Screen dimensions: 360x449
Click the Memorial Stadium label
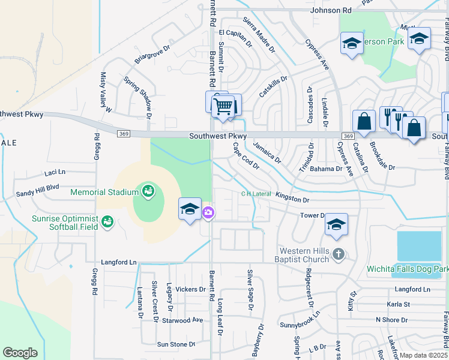point(104,193)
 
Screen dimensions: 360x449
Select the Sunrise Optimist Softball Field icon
point(107,223)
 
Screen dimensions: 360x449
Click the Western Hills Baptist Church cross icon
point(339,254)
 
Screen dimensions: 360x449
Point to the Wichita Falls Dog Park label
point(408,269)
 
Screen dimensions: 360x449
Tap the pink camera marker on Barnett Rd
point(208,212)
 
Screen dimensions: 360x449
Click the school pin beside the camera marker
point(190,209)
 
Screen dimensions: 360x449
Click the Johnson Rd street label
point(331,10)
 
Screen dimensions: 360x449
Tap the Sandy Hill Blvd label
point(38,188)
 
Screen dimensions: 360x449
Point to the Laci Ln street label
point(55,173)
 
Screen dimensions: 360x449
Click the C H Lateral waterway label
point(256,194)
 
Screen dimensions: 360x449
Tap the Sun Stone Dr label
point(176,344)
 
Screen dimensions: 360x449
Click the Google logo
point(20,353)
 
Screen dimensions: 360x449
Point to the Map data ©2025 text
point(423,355)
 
